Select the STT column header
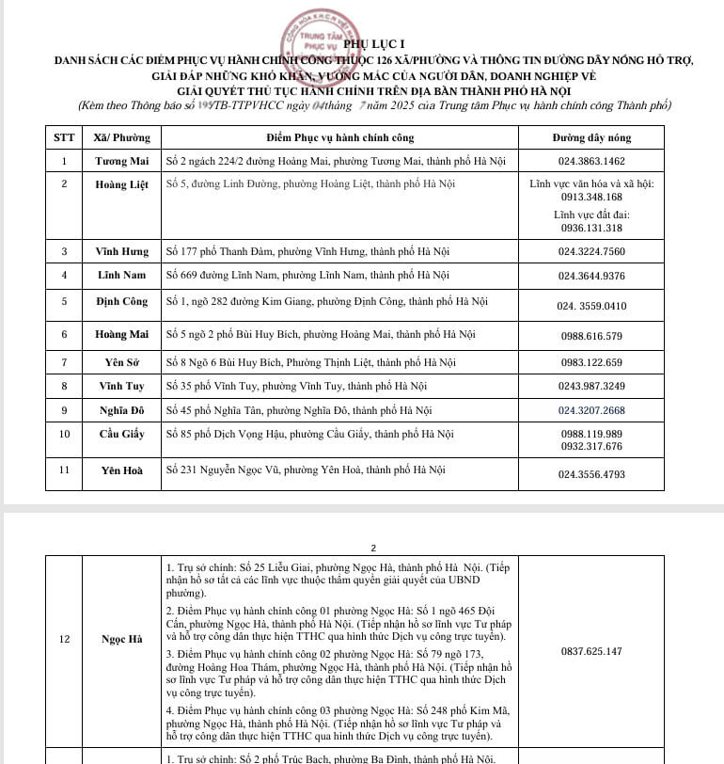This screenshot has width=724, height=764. click(x=64, y=137)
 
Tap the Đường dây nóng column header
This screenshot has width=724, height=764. click(x=590, y=137)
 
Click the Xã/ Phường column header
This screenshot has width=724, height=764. click(x=121, y=137)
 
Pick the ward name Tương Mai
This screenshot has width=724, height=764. click(x=121, y=161)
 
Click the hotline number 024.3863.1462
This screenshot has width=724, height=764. click(x=590, y=161)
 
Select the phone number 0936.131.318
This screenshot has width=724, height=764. click(x=590, y=227)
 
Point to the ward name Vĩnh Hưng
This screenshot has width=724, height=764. click(x=121, y=251)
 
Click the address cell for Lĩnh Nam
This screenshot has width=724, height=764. click(x=307, y=276)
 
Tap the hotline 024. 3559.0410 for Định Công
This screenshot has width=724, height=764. click(x=590, y=305)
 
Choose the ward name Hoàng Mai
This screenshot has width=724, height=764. click(x=121, y=334)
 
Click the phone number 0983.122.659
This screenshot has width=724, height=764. click(x=590, y=362)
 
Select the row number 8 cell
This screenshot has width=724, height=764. click(x=64, y=386)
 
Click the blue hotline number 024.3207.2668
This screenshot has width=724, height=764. click(x=590, y=410)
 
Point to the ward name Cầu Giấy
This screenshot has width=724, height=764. click(x=121, y=434)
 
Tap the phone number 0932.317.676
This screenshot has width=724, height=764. click(x=590, y=446)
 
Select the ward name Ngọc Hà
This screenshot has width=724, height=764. click(x=121, y=640)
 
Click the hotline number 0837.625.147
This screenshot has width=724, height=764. click(x=590, y=651)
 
